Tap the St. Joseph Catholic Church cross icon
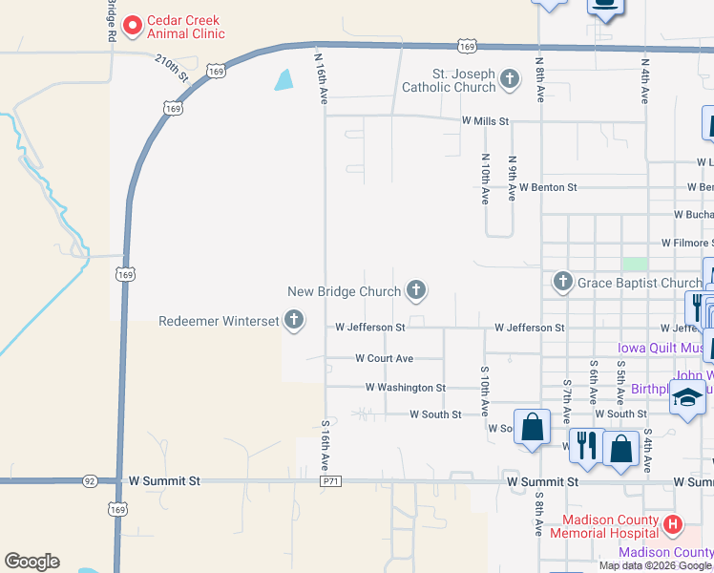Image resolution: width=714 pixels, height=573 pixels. [510, 78]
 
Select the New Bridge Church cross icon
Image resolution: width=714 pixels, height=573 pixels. [415, 288]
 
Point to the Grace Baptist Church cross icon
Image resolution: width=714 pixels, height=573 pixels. [562, 282]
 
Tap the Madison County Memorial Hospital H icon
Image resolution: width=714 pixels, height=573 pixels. [673, 523]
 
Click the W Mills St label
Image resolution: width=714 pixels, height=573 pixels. [486, 121]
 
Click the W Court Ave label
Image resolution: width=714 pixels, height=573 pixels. [384, 358]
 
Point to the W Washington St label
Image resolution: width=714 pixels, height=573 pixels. [406, 388]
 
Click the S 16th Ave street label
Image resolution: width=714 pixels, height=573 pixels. [325, 445]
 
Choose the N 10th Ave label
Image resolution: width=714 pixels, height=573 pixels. [486, 180]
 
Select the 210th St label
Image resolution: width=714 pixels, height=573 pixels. [172, 68]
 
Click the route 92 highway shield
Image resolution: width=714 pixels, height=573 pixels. [90, 481]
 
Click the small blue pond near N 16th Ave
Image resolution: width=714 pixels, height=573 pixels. [284, 80]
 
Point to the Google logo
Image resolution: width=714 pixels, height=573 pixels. [31, 562]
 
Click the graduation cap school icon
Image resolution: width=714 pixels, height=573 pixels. [687, 397]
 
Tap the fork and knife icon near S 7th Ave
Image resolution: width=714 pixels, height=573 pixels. [584, 445]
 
